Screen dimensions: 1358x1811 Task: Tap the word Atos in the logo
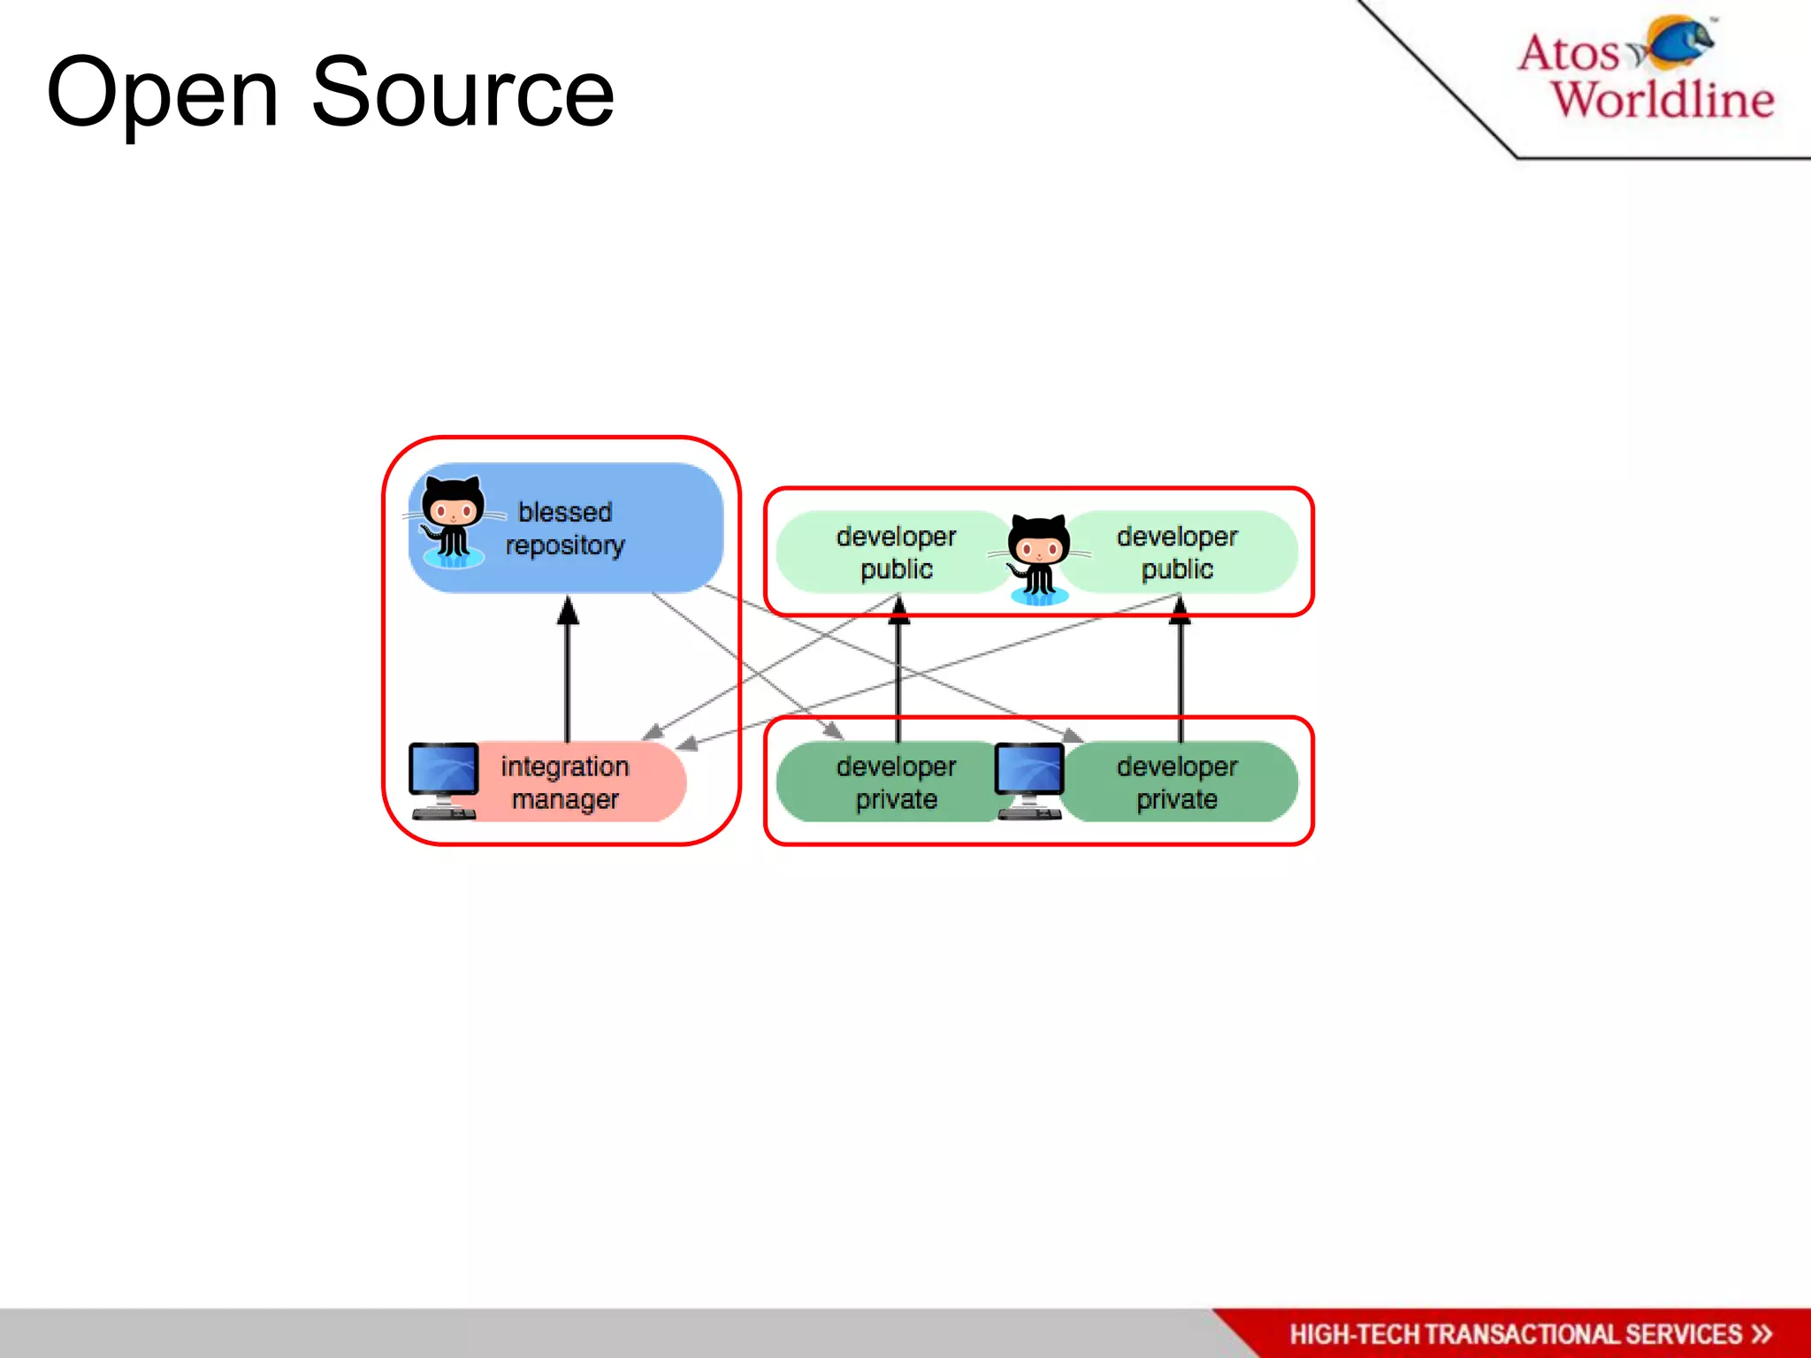coord(1568,52)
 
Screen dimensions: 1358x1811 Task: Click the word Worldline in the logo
coord(1662,98)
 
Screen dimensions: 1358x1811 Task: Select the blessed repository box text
coord(565,529)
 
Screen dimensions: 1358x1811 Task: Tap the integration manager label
coord(565,782)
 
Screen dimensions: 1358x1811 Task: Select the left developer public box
coord(895,553)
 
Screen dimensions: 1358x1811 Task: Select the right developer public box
coord(1177,553)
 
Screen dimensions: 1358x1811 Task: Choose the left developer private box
coord(895,782)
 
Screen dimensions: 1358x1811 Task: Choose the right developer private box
coord(1177,782)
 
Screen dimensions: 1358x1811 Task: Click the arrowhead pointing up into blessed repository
coord(568,611)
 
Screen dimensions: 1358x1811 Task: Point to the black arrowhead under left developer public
coord(898,611)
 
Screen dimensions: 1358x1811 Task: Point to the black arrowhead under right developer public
coord(1180,611)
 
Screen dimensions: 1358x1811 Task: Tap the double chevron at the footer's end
coord(1761,1334)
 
